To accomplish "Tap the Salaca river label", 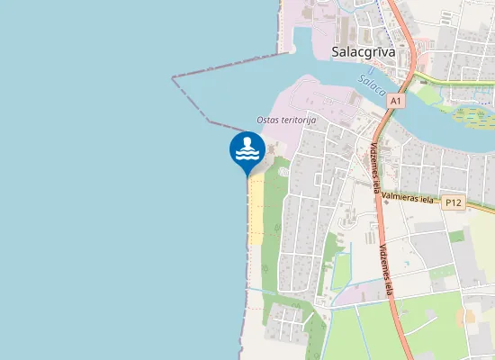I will pos(371,86).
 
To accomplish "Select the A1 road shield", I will pos(396,102).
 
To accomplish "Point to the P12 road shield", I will pos(453,202).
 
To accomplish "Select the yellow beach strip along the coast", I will pos(256,209).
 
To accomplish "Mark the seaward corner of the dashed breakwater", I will pos(173,78).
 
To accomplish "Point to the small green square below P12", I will pos(457,236).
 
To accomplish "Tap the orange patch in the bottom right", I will pos(470,317).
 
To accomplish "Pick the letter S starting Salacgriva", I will pos(336,51).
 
